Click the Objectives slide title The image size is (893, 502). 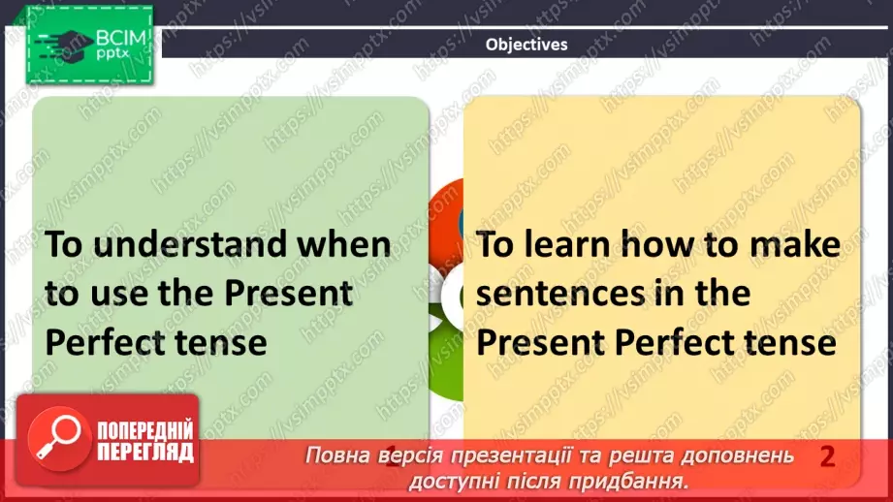coord(526,44)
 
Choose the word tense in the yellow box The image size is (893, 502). coord(791,342)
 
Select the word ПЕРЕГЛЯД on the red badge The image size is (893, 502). coord(145,453)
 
